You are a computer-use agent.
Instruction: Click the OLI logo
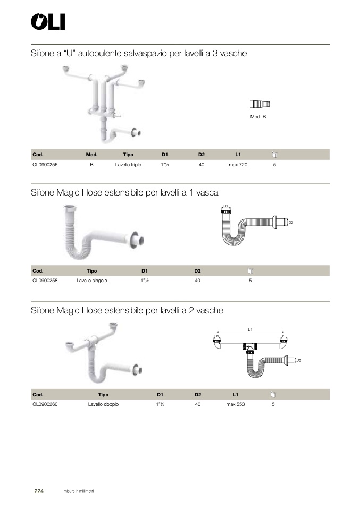[x=48, y=22]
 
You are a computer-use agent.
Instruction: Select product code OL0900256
[x=45, y=165]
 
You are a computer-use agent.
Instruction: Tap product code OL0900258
[x=45, y=281]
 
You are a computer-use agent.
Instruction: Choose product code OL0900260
[x=45, y=404]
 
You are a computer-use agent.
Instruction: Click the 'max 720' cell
[x=238, y=165]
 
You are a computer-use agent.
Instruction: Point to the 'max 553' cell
[x=235, y=404]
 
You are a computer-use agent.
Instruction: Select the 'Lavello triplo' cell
[x=128, y=165]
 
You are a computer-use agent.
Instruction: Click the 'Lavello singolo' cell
[x=91, y=281]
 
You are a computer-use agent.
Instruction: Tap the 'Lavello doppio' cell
[x=103, y=404]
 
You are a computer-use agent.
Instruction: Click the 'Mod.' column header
[x=91, y=155]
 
